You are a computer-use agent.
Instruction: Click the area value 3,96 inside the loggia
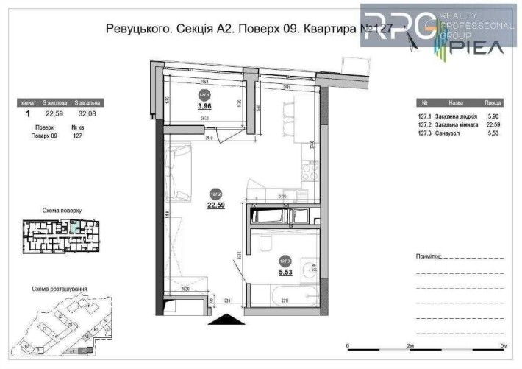tap(204, 105)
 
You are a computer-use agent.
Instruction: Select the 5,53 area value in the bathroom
tap(285, 271)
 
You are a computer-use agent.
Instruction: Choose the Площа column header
tap(493, 104)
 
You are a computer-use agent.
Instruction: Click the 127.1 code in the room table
tap(424, 116)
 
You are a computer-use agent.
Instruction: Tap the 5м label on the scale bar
tap(503, 346)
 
